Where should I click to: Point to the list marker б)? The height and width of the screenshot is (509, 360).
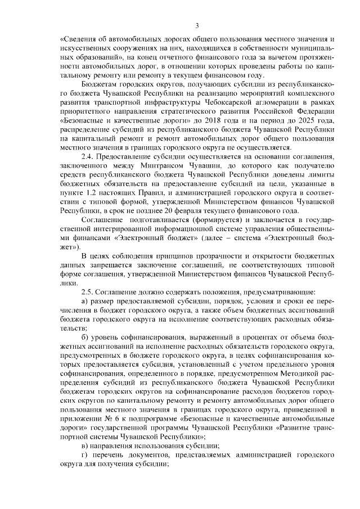tap(85, 336)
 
